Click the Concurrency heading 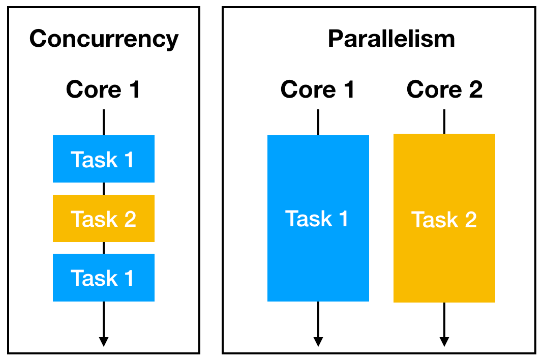coord(104,39)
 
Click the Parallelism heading coord(391,39)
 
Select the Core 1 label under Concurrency coord(103,90)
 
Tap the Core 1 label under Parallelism coord(318,90)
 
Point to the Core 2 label coord(444,90)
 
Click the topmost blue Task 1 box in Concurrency coord(104,159)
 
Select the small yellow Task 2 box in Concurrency coord(104,218)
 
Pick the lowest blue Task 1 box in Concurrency coord(104,278)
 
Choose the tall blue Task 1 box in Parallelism coord(318,218)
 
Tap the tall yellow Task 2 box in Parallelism coord(444,218)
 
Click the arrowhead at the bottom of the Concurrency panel coord(104,341)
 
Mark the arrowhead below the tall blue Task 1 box coord(318,341)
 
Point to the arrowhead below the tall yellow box coord(444,341)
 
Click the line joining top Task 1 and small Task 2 coord(104,189)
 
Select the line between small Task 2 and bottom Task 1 coord(104,248)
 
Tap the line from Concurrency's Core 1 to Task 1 coord(104,122)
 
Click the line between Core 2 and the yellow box coord(444,122)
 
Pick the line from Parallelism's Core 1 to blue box coord(318,122)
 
